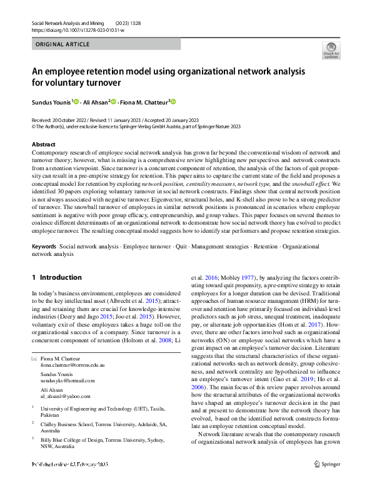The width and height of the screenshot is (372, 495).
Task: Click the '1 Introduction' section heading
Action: pyautogui.click(x=56, y=277)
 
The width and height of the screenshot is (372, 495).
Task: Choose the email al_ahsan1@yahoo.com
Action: pyautogui.click(x=66, y=396)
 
